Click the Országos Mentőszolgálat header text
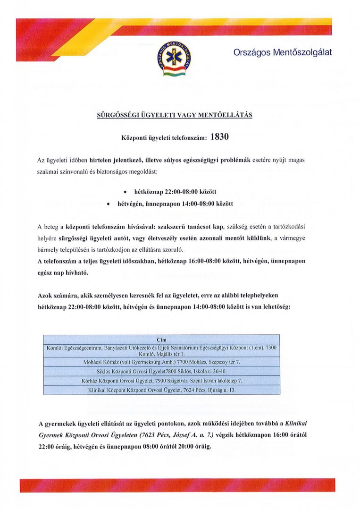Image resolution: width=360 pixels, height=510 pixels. pos(283,52)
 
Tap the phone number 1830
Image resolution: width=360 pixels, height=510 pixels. pos(219,137)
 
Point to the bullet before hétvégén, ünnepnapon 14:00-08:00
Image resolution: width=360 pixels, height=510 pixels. pos(109,204)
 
